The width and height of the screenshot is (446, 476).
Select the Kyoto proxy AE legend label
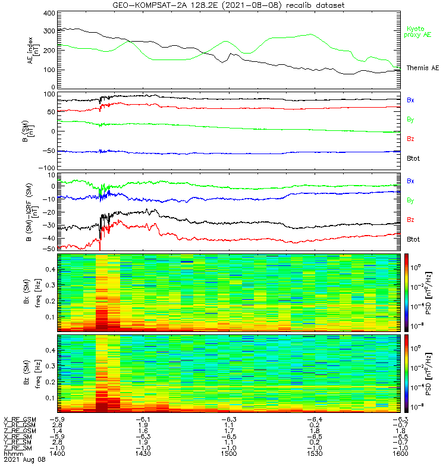pyautogui.click(x=417, y=32)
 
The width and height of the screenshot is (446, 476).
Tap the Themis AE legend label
pyautogui.click(x=423, y=68)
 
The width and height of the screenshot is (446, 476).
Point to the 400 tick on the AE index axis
pyautogui.click(x=49, y=13)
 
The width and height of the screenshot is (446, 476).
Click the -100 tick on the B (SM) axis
pyautogui.click(x=47, y=168)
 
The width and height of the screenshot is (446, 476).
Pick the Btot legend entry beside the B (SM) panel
pyautogui.click(x=413, y=158)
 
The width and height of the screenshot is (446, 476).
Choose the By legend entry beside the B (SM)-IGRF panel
pyautogui.click(x=410, y=201)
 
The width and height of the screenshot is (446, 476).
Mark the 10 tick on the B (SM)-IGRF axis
pyautogui.click(x=52, y=175)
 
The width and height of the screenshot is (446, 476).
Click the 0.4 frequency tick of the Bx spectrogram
pyautogui.click(x=51, y=270)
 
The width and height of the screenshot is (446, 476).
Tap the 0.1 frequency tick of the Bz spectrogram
pyautogui.click(x=51, y=398)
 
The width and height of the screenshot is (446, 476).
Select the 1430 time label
pyautogui.click(x=143, y=453)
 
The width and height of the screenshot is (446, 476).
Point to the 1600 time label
pyautogui.click(x=400, y=453)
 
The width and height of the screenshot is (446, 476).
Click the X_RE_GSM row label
pyautogui.click(x=20, y=420)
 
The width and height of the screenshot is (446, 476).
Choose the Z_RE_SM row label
pyautogui.click(x=18, y=448)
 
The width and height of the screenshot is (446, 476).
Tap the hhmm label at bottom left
pyautogui.click(x=13, y=453)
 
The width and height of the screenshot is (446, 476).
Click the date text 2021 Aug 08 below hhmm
pyautogui.click(x=24, y=459)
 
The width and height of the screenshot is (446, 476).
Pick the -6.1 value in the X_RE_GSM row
pyautogui.click(x=143, y=420)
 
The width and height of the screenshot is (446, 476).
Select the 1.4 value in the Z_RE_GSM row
pyautogui.click(x=57, y=431)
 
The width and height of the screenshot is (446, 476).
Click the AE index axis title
pyautogui.click(x=33, y=51)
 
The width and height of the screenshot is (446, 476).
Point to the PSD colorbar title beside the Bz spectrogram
pyautogui.click(x=429, y=374)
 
